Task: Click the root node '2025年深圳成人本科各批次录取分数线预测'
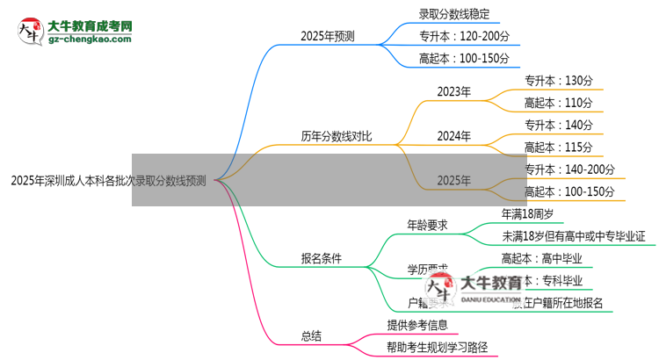coord(108,182)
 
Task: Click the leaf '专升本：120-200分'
coord(465,37)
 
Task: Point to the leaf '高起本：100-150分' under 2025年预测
coord(465,59)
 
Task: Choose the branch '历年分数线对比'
coord(335,136)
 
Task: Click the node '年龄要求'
coord(427,225)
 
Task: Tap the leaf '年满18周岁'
coord(535,213)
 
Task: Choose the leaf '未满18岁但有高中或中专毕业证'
coord(574,236)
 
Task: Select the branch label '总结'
coord(311,335)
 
